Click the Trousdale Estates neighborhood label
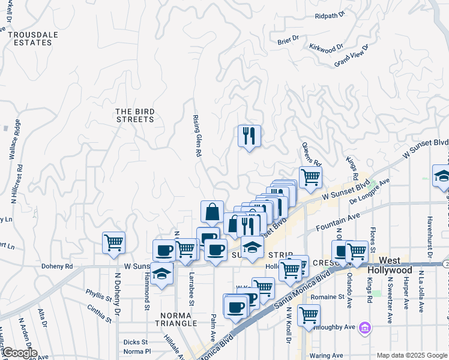pyautogui.click(x=33, y=38)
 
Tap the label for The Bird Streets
pyautogui.click(x=134, y=115)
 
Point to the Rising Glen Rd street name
pyautogui.click(x=196, y=137)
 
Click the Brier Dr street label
pyautogui.click(x=288, y=40)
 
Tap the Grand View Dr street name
pyautogui.click(x=350, y=58)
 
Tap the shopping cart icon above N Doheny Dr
pyautogui.click(x=113, y=243)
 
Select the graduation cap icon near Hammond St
pyautogui.click(x=161, y=274)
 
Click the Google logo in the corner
pyautogui.click(x=19, y=353)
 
